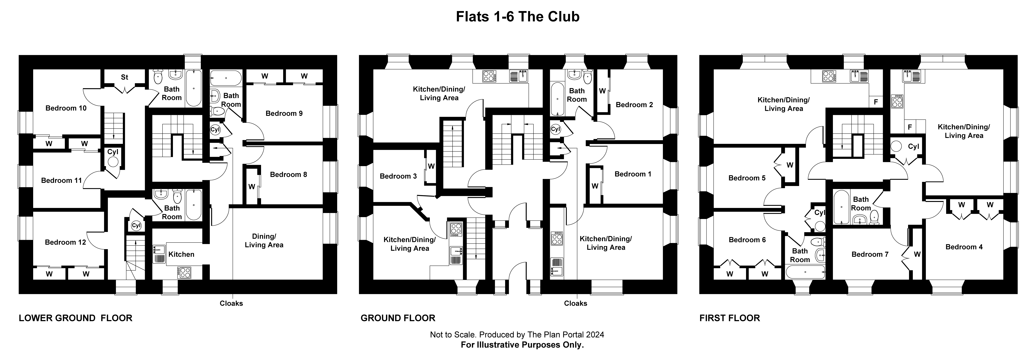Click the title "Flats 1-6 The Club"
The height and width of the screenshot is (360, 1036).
click(518, 16)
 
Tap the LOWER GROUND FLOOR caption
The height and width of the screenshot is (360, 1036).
click(76, 318)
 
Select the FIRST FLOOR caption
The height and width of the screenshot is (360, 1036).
click(730, 318)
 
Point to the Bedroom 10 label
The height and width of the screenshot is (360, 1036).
click(66, 108)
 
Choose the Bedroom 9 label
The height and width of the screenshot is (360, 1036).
click(284, 113)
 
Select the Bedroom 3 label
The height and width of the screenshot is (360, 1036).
click(398, 176)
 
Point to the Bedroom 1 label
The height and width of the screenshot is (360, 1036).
click(633, 174)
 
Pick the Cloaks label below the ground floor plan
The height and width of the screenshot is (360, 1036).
click(575, 303)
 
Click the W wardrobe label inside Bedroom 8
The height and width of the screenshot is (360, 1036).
click(251, 187)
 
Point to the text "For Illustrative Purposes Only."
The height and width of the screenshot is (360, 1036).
click(522, 345)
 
